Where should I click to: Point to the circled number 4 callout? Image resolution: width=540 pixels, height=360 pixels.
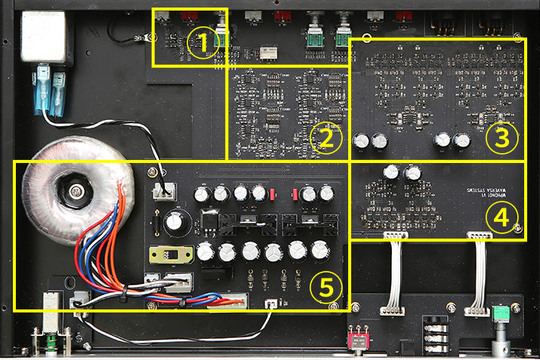pos(499,219)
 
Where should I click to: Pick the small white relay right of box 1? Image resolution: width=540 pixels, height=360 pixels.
pos(267,53)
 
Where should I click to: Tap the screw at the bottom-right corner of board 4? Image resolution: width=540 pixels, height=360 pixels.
pos(517,228)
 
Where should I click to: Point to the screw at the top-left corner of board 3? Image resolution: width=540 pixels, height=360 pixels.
pos(367,38)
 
